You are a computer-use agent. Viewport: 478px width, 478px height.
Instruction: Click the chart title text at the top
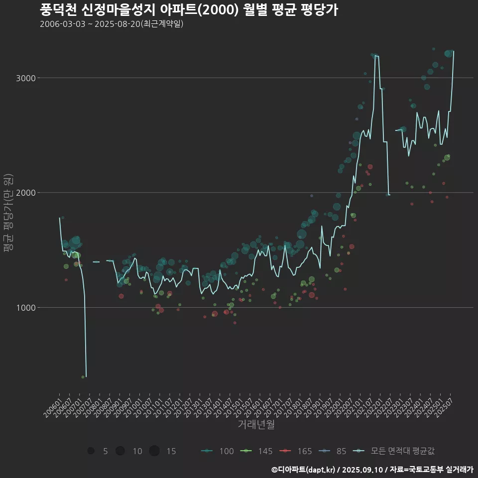click(x=189, y=10)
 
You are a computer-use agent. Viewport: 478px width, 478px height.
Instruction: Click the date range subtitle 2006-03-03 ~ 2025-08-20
click(x=112, y=24)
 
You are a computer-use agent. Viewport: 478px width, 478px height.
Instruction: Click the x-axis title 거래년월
click(x=256, y=425)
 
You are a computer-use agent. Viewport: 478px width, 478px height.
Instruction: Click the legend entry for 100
click(x=218, y=451)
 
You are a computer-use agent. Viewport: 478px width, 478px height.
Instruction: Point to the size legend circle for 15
click(x=154, y=451)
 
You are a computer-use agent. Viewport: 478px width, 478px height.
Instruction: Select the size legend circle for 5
click(x=91, y=451)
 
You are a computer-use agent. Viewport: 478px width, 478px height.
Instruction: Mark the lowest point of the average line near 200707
click(x=86, y=376)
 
